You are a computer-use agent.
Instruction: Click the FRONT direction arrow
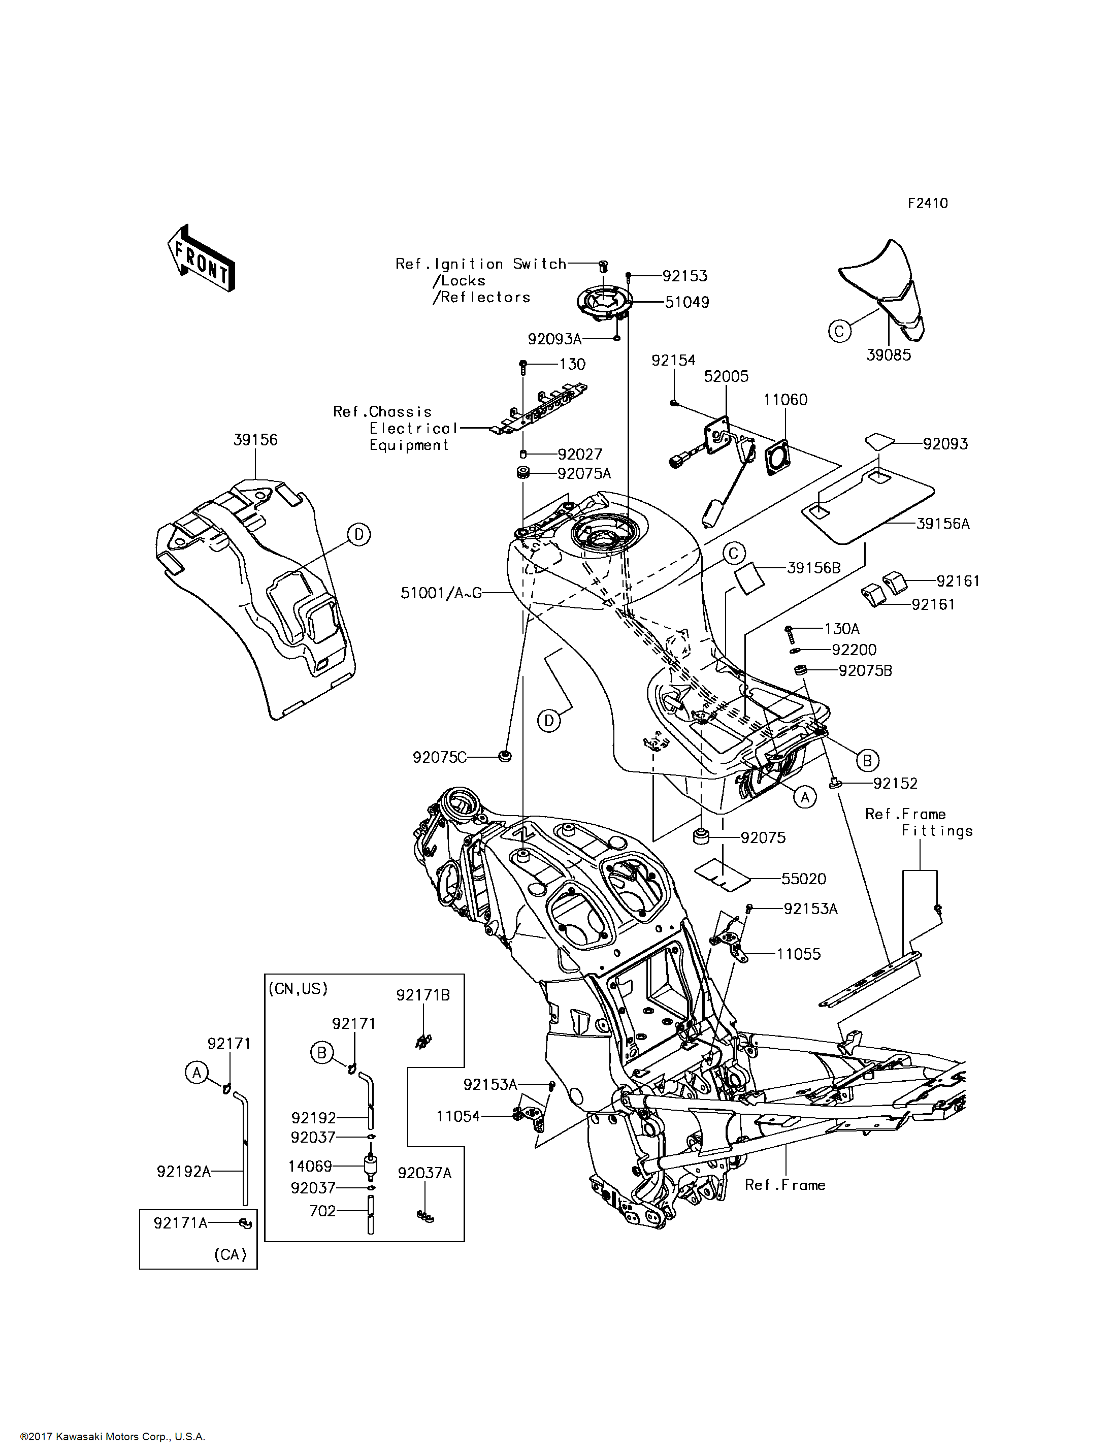(x=201, y=258)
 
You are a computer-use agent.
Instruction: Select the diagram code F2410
(x=928, y=204)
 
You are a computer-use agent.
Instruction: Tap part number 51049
(x=687, y=302)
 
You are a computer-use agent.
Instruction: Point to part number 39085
(x=889, y=355)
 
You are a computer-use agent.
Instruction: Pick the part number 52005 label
(x=726, y=376)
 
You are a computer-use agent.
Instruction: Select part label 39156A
(x=943, y=524)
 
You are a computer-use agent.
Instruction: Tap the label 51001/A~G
(x=441, y=593)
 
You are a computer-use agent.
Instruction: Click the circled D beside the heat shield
(x=359, y=534)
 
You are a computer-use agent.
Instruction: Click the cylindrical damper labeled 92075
(x=701, y=836)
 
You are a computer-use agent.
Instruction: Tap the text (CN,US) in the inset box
(x=298, y=989)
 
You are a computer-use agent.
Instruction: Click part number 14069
(x=310, y=1166)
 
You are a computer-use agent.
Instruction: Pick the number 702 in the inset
(x=322, y=1211)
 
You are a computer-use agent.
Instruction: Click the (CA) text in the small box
(x=231, y=1254)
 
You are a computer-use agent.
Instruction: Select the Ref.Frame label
(x=785, y=1185)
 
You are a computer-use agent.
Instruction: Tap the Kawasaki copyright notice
(x=113, y=1437)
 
